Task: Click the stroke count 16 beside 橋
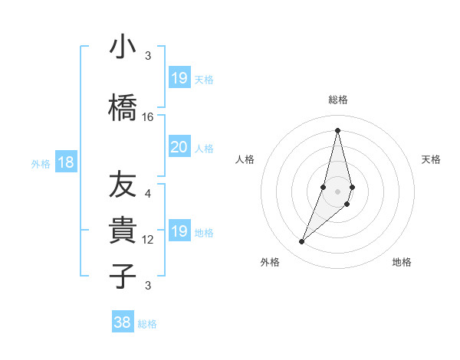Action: click(148, 117)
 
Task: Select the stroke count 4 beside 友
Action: click(148, 194)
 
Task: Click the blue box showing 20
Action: click(179, 147)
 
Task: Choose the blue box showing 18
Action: click(65, 162)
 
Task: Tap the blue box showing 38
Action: click(122, 322)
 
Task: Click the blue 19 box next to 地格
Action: click(179, 231)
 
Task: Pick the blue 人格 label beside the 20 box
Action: click(204, 148)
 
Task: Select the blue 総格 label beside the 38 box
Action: click(147, 324)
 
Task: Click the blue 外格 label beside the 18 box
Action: click(41, 163)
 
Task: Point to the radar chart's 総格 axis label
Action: click(337, 100)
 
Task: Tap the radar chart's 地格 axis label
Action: click(402, 262)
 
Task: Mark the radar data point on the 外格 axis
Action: click(301, 242)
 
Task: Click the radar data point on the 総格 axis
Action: click(337, 129)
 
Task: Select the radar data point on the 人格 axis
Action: click(324, 187)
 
